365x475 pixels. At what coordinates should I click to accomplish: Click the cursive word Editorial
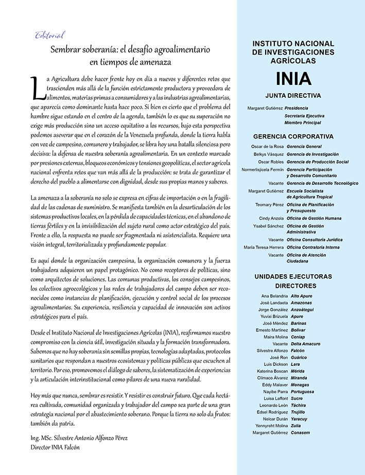49,36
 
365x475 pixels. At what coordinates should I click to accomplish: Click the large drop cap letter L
36,88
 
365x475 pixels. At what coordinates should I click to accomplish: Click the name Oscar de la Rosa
267,147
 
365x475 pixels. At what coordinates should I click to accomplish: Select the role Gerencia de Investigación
312,154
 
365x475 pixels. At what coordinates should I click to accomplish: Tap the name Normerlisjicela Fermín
263,169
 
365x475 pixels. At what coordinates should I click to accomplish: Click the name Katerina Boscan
268,371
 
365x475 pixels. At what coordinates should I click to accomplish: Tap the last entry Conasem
301,433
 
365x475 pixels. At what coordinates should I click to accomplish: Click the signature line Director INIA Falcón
55,447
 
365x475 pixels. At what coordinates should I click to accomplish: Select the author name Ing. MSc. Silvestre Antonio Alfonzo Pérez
79,438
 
